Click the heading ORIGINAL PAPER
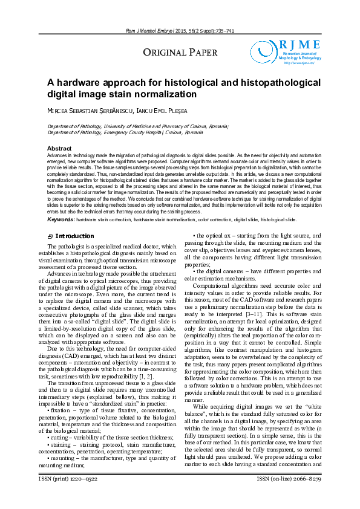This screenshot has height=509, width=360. [x=180, y=53]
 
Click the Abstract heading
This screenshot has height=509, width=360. [x=59, y=148]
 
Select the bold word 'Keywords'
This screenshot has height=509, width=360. [x=61, y=219]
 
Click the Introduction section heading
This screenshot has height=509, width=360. [x=74, y=236]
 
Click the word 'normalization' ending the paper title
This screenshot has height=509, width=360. [x=170, y=94]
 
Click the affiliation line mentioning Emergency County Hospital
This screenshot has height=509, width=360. [x=125, y=131]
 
